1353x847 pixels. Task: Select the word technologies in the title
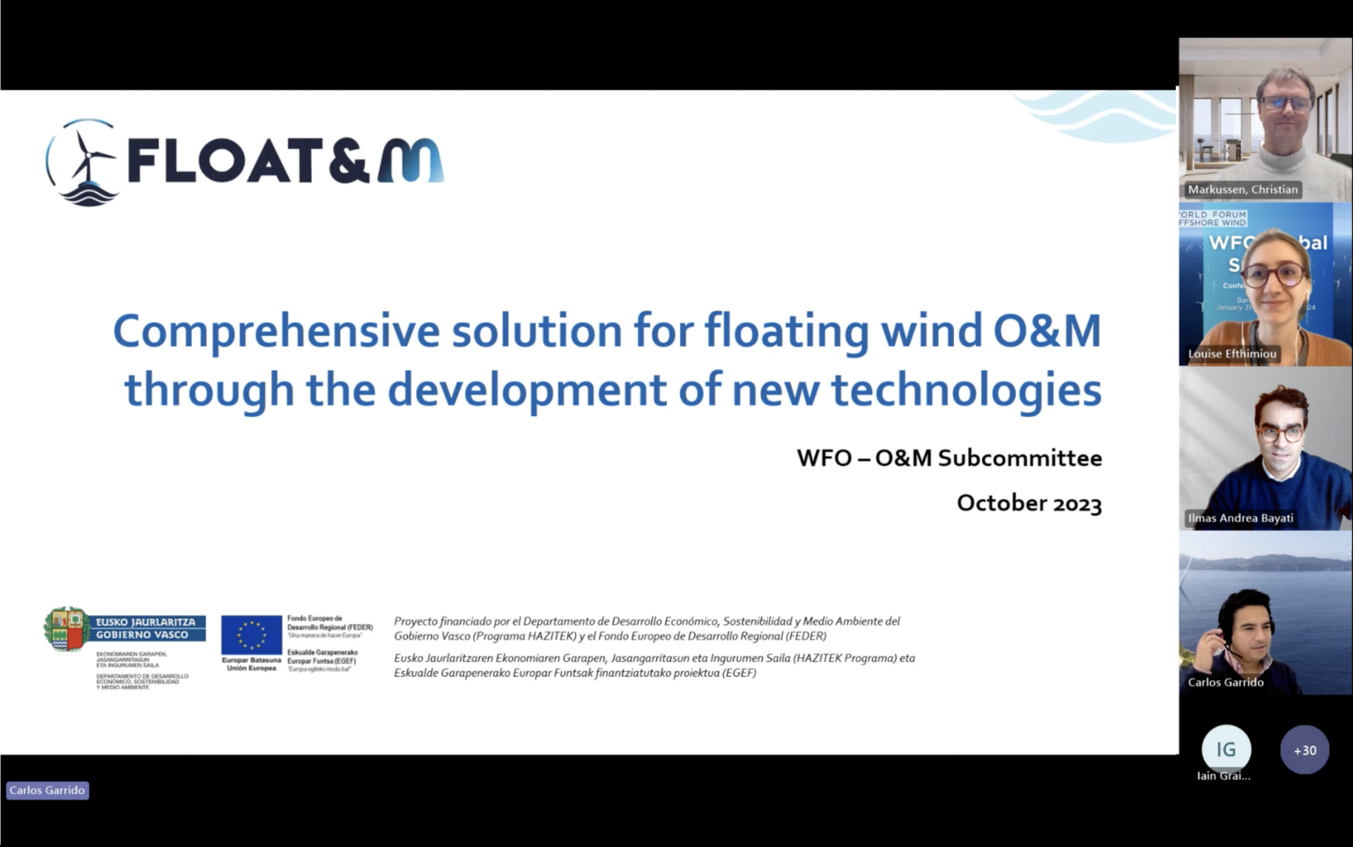point(966,390)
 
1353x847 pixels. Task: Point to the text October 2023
point(1029,503)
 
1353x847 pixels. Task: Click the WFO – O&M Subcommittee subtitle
point(949,458)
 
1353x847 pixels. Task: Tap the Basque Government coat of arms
point(67,629)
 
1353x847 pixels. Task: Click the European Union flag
point(251,635)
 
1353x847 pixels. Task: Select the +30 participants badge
point(1305,750)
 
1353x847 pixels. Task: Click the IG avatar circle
point(1226,749)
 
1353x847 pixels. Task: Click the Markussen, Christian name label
point(1242,189)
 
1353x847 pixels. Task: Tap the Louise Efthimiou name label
point(1231,353)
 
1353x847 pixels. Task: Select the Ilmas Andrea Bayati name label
point(1240,518)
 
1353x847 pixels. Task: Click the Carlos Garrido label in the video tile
point(1225,682)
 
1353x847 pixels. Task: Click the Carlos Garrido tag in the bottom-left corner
point(48,791)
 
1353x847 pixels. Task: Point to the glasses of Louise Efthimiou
point(1274,274)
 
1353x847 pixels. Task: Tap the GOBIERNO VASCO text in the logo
point(142,635)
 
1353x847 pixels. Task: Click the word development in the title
point(527,390)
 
